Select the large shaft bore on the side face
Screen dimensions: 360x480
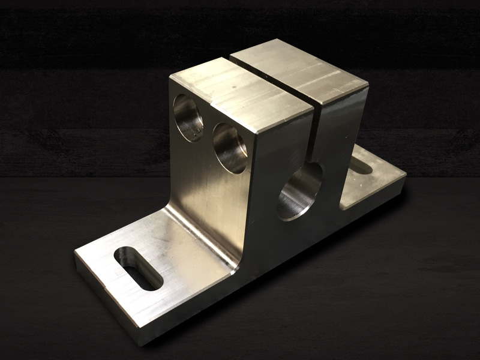click(x=300, y=191)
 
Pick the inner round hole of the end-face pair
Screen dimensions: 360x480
click(x=230, y=148)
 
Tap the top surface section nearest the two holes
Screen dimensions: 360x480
click(x=240, y=96)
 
